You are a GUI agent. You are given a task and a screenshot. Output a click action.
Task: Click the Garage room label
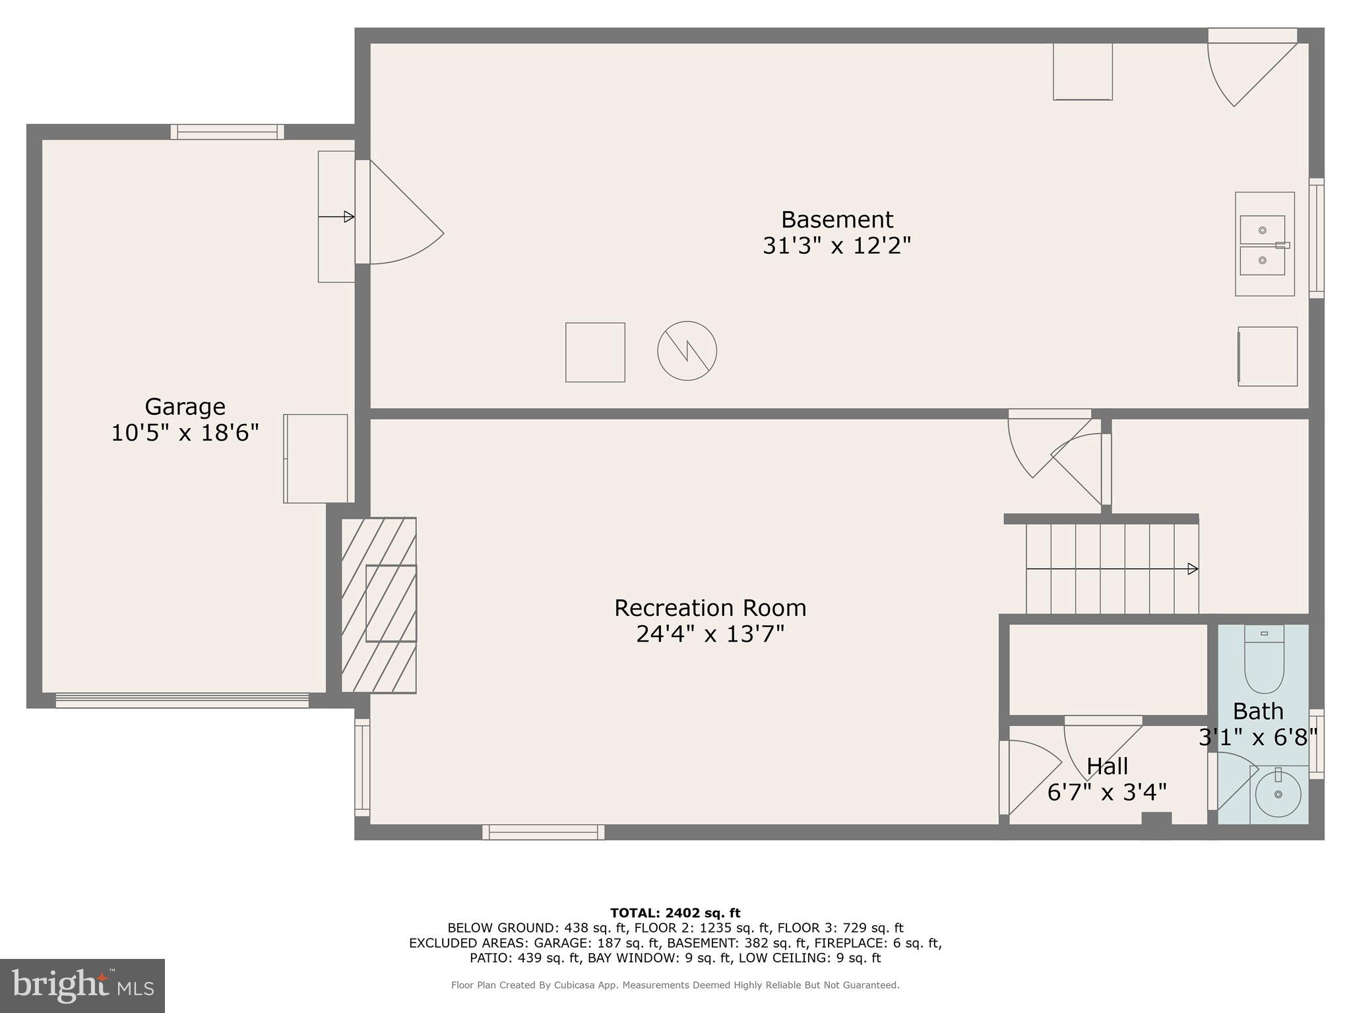[x=185, y=406]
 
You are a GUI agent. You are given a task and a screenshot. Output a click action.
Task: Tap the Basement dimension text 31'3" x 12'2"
[x=836, y=246]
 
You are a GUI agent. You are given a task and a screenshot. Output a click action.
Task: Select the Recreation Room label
[x=710, y=607]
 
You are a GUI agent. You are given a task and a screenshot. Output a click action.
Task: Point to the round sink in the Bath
[x=1278, y=795]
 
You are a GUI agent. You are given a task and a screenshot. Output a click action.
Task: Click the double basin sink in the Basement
[x=1263, y=245]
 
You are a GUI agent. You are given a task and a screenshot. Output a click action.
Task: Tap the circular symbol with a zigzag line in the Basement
[x=687, y=351]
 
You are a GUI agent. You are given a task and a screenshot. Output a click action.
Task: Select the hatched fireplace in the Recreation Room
[x=379, y=605]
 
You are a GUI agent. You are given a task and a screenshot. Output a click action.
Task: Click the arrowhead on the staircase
[x=1193, y=568]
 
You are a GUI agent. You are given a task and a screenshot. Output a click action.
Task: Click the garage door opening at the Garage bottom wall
[x=182, y=700]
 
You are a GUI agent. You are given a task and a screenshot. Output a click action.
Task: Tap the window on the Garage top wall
[x=228, y=132]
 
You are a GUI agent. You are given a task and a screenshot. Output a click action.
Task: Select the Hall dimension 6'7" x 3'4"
[x=1107, y=792]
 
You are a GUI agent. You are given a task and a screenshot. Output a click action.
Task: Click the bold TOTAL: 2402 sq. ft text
[x=675, y=913]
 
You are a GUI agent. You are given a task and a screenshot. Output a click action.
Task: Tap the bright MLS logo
[x=82, y=985]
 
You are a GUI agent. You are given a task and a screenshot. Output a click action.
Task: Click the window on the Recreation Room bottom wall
[x=543, y=832]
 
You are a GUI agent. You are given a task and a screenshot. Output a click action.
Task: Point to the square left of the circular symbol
[x=595, y=352]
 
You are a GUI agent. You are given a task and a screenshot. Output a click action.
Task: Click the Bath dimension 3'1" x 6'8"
[x=1257, y=737]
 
